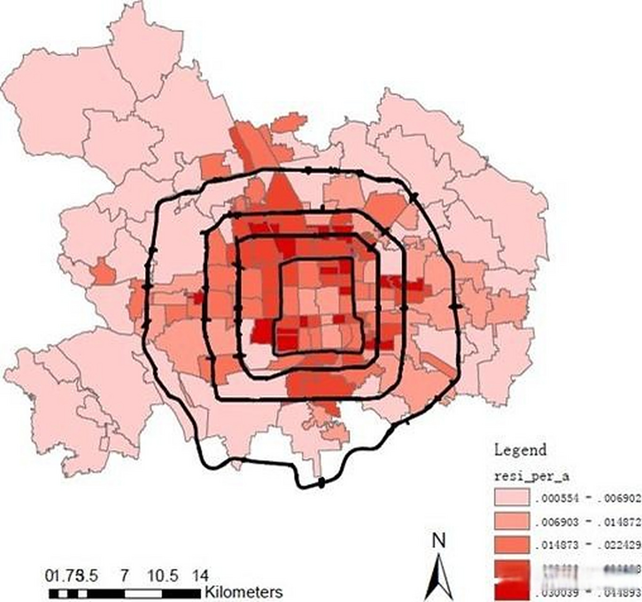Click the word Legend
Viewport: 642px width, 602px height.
tap(520, 450)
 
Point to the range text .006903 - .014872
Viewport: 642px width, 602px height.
tap(587, 522)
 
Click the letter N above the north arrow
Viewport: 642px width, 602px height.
tap(438, 541)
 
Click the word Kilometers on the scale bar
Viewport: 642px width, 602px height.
tap(243, 592)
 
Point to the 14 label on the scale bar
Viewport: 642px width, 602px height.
tap(200, 576)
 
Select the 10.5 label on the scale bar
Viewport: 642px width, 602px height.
tap(163, 576)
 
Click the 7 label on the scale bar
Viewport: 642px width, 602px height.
tap(124, 576)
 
